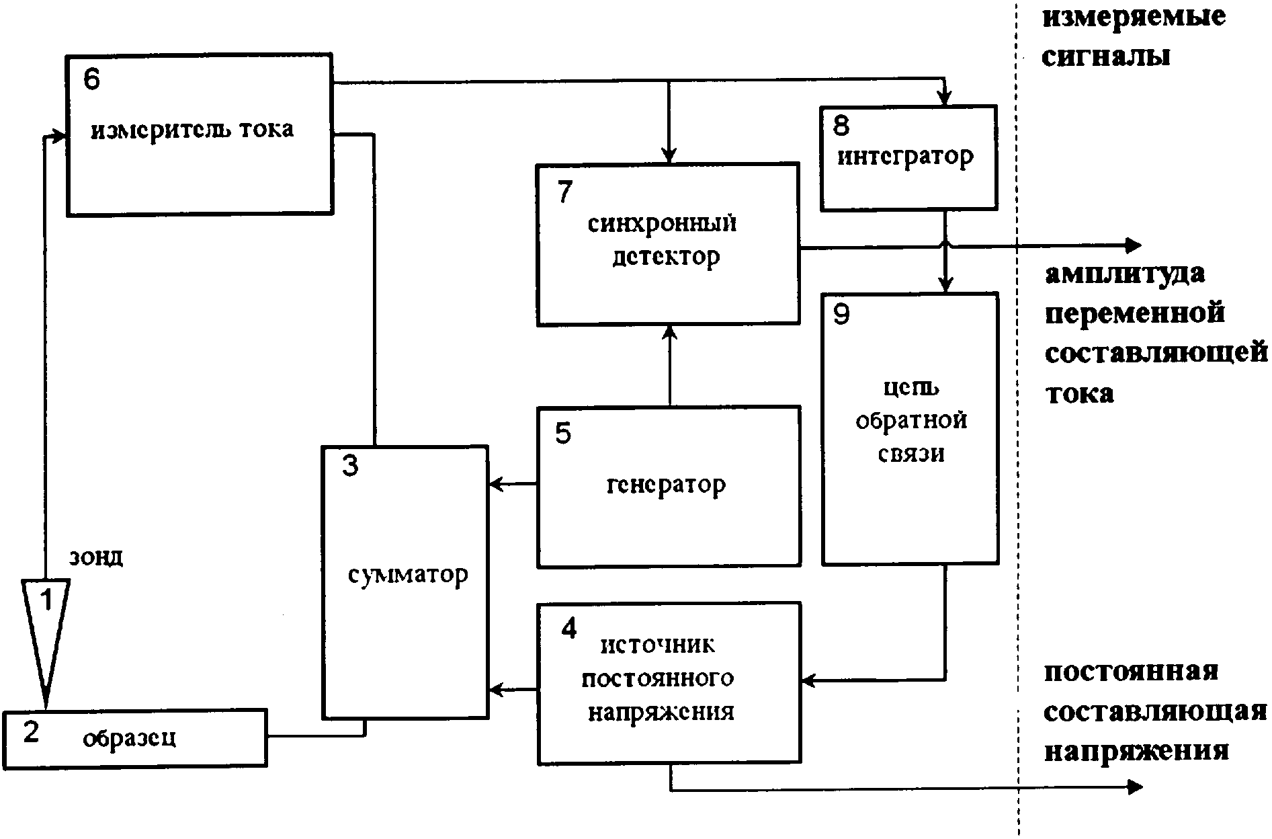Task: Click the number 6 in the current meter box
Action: pyautogui.click(x=91, y=79)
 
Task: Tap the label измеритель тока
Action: pyautogui.click(x=192, y=129)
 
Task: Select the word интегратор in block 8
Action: pyautogui.click(x=905, y=157)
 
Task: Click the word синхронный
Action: pyautogui.click(x=662, y=223)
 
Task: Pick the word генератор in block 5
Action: pyautogui.click(x=666, y=485)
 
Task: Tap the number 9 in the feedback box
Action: pyautogui.click(x=841, y=314)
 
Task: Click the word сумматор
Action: pyautogui.click(x=408, y=575)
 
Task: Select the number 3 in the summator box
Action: pyautogui.click(x=350, y=466)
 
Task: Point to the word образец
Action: pyautogui.click(x=130, y=738)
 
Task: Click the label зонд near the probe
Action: pyautogui.click(x=96, y=557)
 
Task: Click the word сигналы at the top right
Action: pyautogui.click(x=1106, y=56)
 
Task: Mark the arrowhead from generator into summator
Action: pyautogui.click(x=495, y=483)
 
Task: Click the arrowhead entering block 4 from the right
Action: pyautogui.click(x=808, y=680)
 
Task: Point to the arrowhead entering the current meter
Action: pyautogui.click(x=62, y=136)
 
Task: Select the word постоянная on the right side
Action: pyautogui.click(x=1131, y=672)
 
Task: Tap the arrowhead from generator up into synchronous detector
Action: pyautogui.click(x=669, y=332)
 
